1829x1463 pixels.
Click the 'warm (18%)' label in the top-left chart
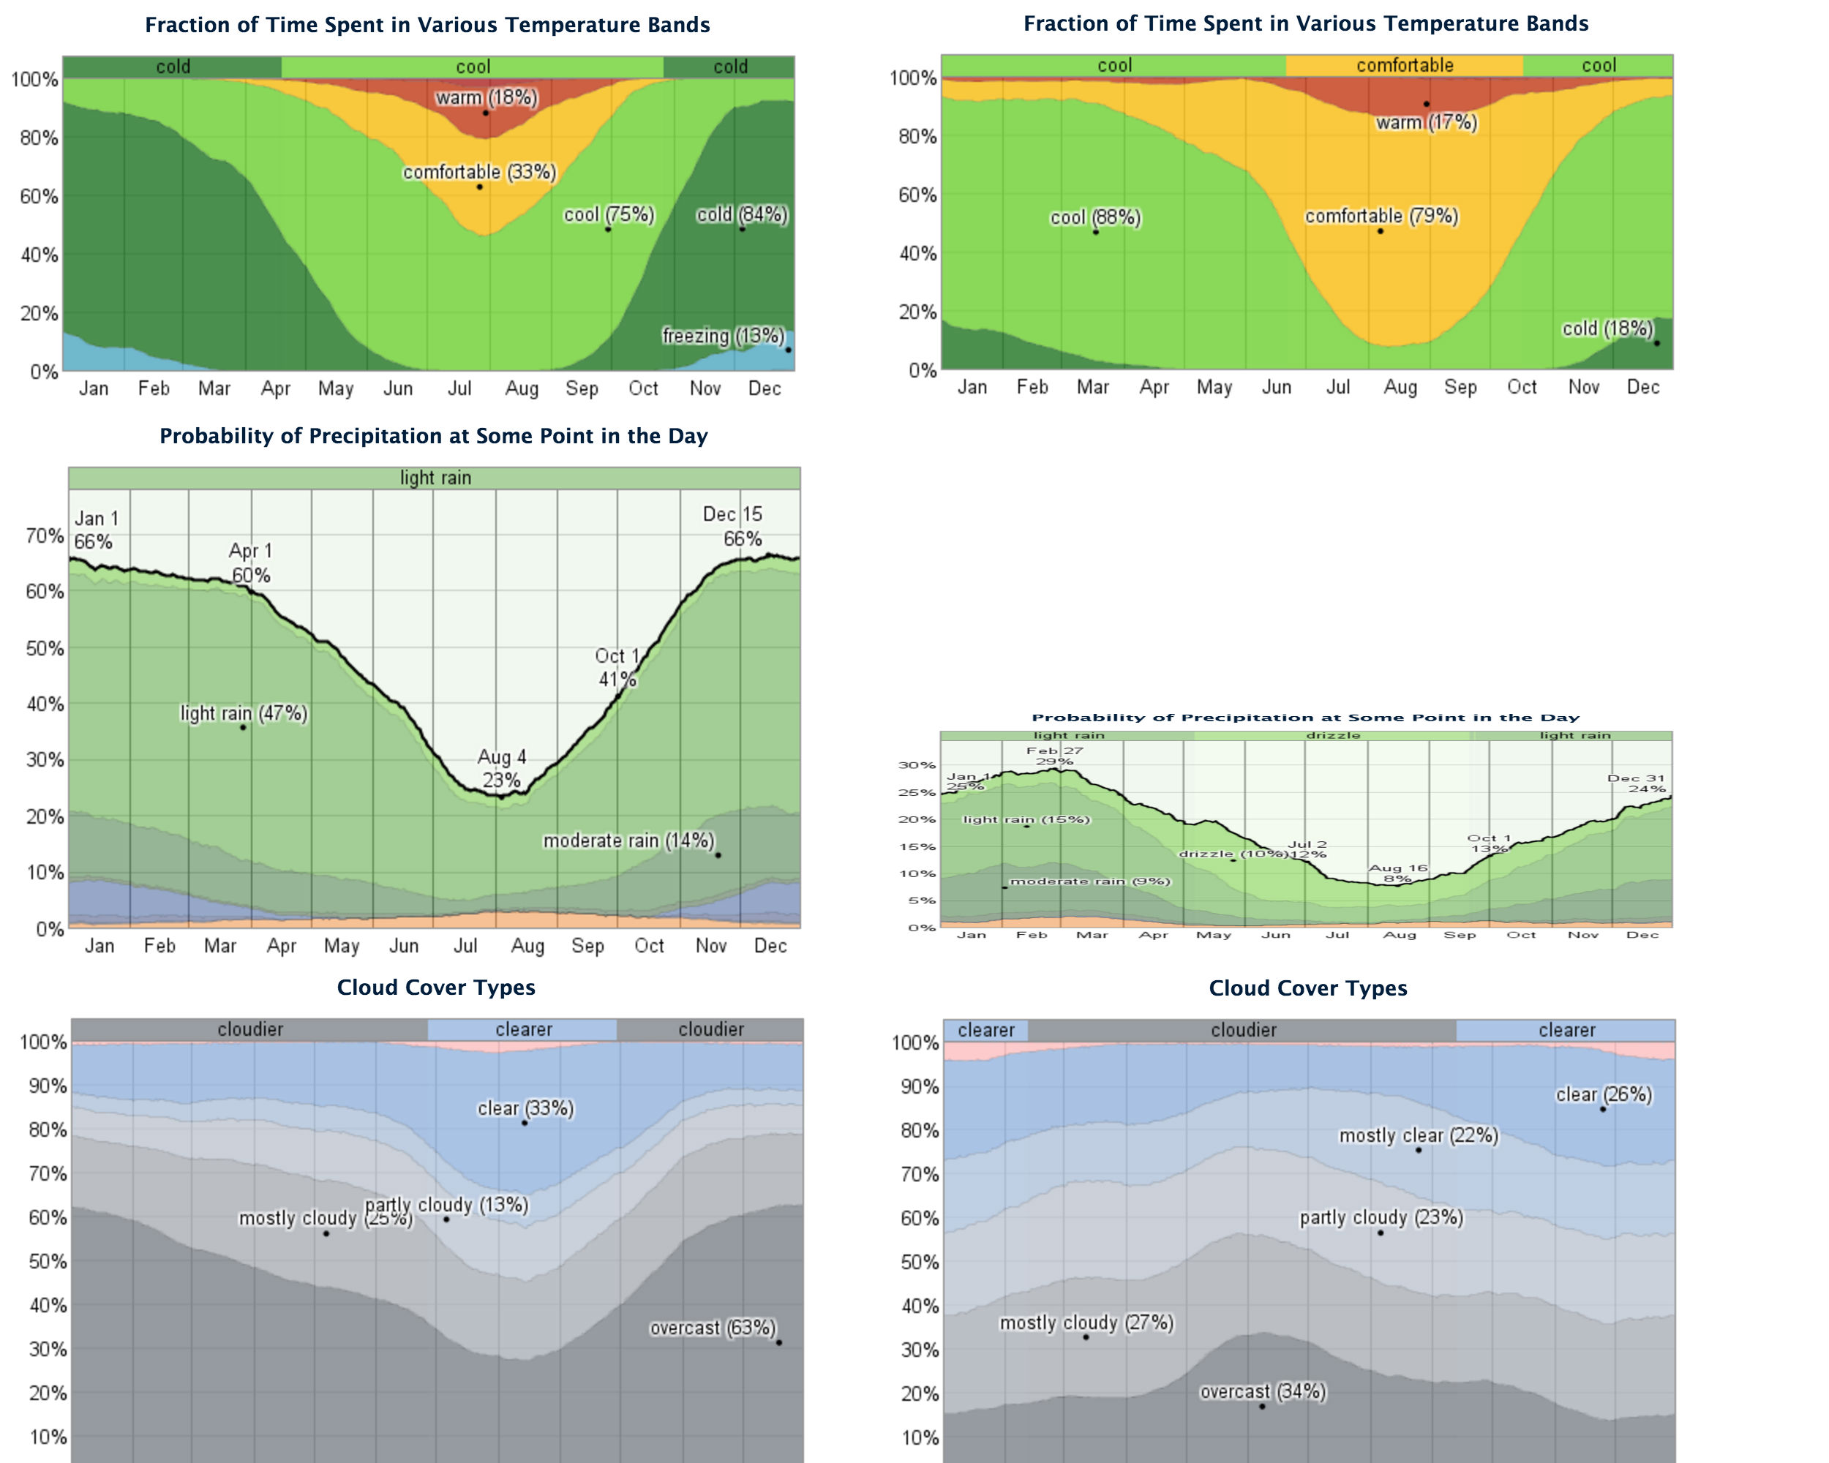pyautogui.click(x=486, y=97)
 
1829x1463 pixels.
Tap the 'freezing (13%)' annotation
pyautogui.click(x=723, y=336)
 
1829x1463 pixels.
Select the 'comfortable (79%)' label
pyautogui.click(x=1381, y=217)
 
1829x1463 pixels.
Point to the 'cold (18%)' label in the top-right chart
pyautogui.click(x=1607, y=328)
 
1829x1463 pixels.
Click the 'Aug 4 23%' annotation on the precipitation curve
pyautogui.click(x=501, y=768)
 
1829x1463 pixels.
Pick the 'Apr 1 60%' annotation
pyautogui.click(x=250, y=563)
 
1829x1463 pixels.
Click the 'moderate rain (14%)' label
pyautogui.click(x=628, y=840)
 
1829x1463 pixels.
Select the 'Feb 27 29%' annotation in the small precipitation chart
pyautogui.click(x=1054, y=756)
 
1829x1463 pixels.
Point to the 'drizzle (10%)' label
pyautogui.click(x=1233, y=853)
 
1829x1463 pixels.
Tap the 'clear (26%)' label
pyautogui.click(x=1604, y=1094)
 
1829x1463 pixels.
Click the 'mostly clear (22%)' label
pyautogui.click(x=1419, y=1135)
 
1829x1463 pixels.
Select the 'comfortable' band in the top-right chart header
pyautogui.click(x=1404, y=65)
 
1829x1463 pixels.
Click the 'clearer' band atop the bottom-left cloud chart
pyautogui.click(x=522, y=1028)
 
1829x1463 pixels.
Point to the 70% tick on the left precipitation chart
pyautogui.click(x=44, y=536)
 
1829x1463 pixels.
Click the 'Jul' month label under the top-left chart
pyautogui.click(x=459, y=388)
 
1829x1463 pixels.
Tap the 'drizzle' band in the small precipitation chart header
pyautogui.click(x=1333, y=735)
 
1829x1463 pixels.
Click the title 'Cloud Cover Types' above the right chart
pyautogui.click(x=1307, y=988)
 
